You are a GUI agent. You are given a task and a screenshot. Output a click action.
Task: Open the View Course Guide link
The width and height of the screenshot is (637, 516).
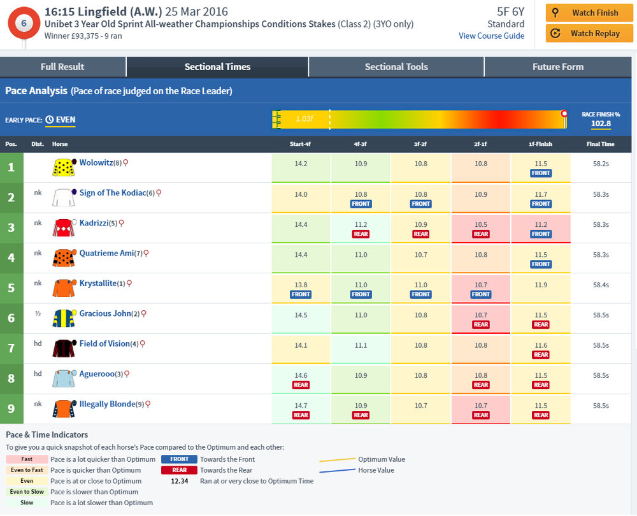coord(491,36)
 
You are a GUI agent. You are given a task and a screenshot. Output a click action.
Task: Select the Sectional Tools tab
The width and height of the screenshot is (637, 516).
coord(396,66)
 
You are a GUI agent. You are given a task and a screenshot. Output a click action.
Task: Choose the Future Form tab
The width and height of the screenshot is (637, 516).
coord(558,66)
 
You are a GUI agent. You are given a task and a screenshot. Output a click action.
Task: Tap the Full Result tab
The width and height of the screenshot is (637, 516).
coord(62,66)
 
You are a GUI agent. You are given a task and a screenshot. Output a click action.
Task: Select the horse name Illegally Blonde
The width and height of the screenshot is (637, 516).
coord(107,404)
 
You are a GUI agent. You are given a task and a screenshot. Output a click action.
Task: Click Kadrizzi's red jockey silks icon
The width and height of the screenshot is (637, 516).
coord(64,228)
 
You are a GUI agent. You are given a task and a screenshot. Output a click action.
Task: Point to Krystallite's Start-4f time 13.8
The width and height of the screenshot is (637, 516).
coord(301,285)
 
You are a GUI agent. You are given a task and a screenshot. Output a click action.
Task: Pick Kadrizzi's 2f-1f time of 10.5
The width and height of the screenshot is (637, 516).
coord(481,224)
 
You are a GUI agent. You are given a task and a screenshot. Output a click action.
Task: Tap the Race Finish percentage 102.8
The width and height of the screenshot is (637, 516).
coord(601,124)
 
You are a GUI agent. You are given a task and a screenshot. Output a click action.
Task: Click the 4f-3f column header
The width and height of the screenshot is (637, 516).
coord(361,144)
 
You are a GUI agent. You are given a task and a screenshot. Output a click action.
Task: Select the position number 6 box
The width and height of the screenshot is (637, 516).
coord(11,318)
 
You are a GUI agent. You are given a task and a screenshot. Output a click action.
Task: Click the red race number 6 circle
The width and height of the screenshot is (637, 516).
coord(24,23)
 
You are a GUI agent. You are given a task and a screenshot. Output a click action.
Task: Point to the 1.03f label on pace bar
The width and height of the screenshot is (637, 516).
coord(304,118)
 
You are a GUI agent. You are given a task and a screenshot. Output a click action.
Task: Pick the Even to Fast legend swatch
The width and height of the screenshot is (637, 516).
coord(27,470)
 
